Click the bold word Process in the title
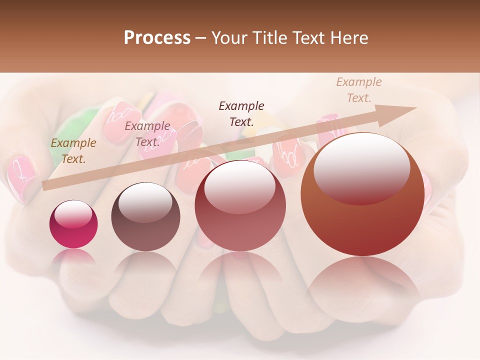coord(157,38)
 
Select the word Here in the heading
coord(348,38)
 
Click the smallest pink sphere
coord(73,224)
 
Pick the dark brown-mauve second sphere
coord(145,217)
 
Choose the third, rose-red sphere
coord(240,206)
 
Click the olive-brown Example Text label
coord(73,151)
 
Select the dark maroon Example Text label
coord(241,113)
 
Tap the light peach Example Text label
coord(358,90)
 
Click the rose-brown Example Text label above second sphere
coord(147,134)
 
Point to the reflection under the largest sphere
coord(362,280)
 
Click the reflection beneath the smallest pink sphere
coord(73,257)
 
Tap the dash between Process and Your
coord(201,38)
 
